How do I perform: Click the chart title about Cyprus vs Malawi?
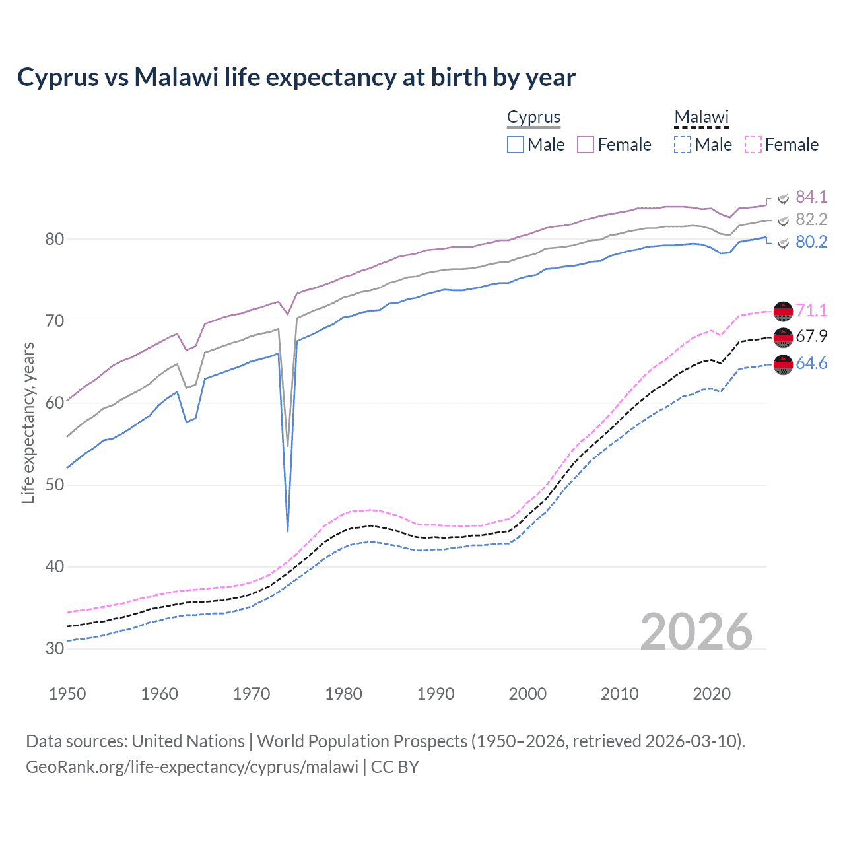point(296,77)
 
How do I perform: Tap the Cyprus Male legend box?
point(516,145)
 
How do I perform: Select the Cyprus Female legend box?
point(586,145)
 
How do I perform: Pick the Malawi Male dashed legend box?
point(683,145)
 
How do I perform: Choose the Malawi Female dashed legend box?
point(753,145)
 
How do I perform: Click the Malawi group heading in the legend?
point(701,118)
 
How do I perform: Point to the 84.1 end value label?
point(811,197)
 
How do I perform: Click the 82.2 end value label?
point(811,219)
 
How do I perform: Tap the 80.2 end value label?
point(811,242)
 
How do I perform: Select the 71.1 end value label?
point(811,310)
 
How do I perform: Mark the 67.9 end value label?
point(811,336)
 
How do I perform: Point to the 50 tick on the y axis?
point(55,485)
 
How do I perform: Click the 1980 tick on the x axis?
point(343,694)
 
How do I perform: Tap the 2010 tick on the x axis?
point(619,694)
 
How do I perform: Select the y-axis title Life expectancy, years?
point(28,422)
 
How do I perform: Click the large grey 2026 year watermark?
point(696,632)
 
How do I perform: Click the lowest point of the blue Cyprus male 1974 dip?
point(288,531)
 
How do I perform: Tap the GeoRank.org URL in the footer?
point(192,766)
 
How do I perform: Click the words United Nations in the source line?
point(188,741)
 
